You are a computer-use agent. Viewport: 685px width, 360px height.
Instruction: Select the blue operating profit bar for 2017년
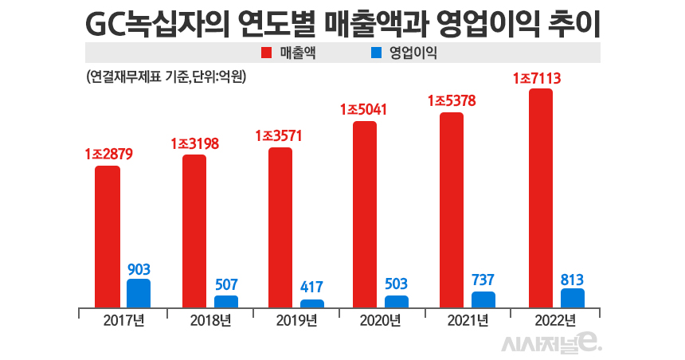click(x=139, y=293)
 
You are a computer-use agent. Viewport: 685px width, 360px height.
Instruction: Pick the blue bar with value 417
click(x=312, y=303)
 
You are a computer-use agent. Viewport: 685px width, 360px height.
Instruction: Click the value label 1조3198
click(x=194, y=143)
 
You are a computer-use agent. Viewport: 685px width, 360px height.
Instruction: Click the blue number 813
click(x=573, y=279)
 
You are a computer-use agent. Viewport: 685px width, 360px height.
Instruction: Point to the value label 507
click(x=226, y=285)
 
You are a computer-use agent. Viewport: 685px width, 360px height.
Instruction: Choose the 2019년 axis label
click(x=296, y=320)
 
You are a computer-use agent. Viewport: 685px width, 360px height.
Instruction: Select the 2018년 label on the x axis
click(x=211, y=320)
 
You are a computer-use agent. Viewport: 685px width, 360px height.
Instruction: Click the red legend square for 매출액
click(x=267, y=53)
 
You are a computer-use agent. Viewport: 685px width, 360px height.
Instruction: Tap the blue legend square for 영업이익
click(x=377, y=53)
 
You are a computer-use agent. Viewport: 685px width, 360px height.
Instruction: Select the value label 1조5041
click(x=364, y=109)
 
